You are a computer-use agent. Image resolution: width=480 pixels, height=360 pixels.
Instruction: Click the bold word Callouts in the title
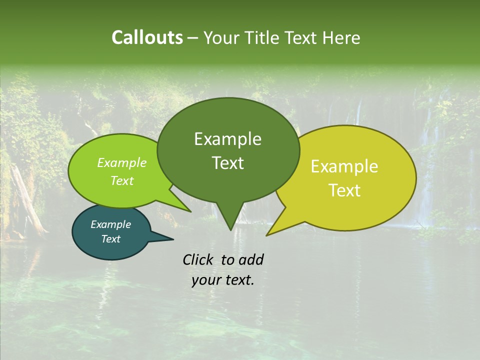click(147, 37)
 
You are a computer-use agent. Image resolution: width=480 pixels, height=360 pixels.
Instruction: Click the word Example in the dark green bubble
click(227, 139)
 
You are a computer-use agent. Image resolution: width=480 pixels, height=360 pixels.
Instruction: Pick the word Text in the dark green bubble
click(227, 163)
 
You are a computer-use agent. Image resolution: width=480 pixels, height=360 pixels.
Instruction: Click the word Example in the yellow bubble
click(344, 166)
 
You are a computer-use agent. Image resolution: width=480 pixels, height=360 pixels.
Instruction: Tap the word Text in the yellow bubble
click(344, 190)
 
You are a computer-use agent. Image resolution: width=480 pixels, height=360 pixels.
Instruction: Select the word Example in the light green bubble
click(122, 163)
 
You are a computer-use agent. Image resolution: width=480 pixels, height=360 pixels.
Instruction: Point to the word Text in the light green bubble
click(122, 181)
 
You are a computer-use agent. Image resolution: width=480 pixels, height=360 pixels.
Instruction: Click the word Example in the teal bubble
click(110, 224)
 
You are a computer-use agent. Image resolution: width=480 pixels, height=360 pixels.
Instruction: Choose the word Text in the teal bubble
click(110, 239)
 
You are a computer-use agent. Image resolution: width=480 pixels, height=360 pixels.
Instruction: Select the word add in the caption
click(251, 259)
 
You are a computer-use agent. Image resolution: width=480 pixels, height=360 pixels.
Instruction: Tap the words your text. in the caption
click(222, 280)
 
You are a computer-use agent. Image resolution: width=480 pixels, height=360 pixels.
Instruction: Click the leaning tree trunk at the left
click(27, 200)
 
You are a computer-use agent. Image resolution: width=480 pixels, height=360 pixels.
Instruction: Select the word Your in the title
click(220, 38)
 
